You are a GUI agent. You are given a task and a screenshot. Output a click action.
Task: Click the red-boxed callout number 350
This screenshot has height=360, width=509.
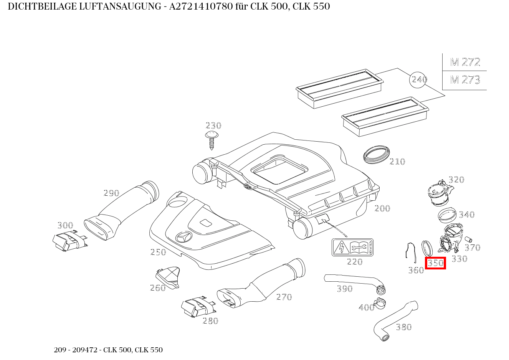tap(435, 263)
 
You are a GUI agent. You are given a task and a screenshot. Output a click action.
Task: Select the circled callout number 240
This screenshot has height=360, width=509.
tap(419, 79)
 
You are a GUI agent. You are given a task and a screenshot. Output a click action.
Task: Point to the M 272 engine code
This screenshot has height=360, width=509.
tap(465, 62)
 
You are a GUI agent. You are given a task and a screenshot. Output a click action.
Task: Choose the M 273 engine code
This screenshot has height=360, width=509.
tap(465, 80)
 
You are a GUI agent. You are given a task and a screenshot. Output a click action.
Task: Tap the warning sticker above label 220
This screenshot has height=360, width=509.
tap(352, 247)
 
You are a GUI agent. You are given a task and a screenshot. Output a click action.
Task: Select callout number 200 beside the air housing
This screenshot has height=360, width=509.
tap(382, 208)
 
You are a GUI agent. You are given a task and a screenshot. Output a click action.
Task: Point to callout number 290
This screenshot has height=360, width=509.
tap(111, 193)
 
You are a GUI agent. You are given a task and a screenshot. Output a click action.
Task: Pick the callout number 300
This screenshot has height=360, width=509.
tap(65, 225)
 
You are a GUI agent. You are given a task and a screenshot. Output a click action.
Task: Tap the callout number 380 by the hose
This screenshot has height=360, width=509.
tap(403, 327)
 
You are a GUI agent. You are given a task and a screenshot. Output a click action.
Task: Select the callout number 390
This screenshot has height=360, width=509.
tap(344, 289)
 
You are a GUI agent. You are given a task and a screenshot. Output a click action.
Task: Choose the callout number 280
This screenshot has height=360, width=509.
tap(210, 321)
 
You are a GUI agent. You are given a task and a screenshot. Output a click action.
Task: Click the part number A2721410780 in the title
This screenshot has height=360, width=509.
tap(202, 7)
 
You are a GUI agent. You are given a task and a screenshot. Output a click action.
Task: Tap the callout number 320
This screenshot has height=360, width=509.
tap(456, 180)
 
